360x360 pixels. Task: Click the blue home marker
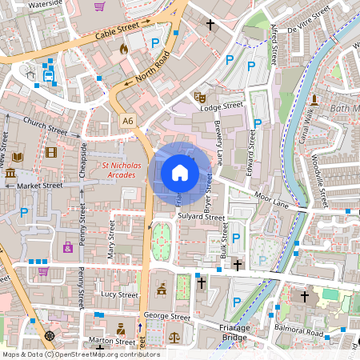click(x=180, y=172)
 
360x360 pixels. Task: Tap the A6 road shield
click(x=128, y=120)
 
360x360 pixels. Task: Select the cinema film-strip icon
click(x=52, y=152)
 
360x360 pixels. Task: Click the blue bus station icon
click(x=49, y=77)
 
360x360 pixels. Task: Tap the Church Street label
click(x=46, y=127)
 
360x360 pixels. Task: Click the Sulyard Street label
click(x=201, y=216)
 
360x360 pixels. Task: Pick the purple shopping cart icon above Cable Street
click(x=98, y=6)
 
